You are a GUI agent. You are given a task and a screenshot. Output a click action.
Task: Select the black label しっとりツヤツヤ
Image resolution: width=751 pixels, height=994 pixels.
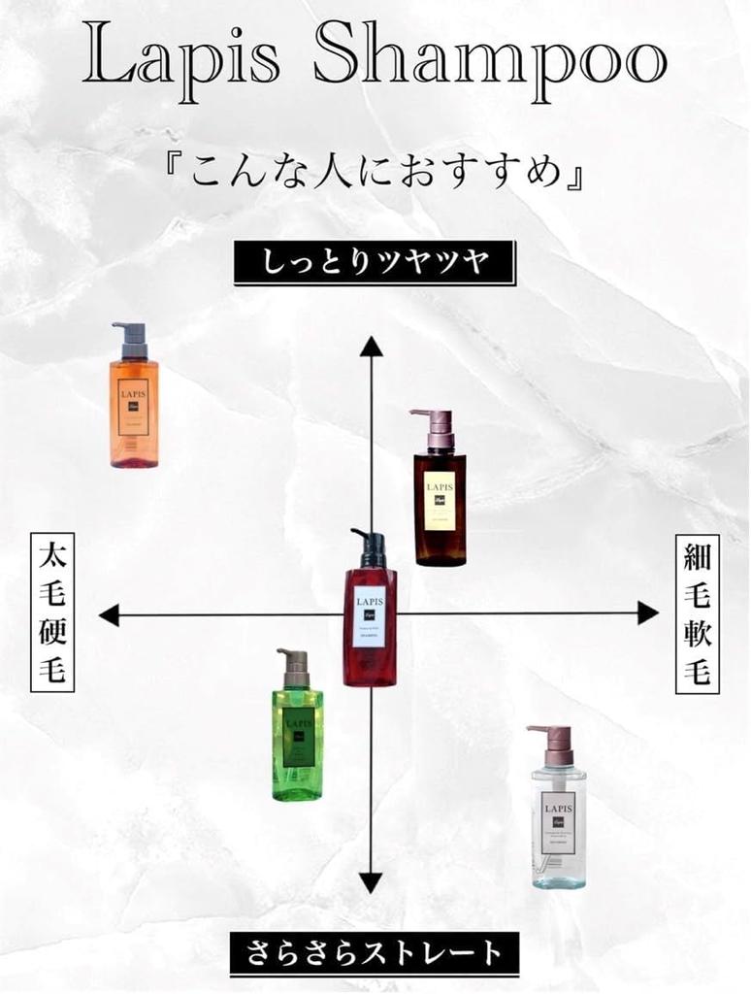tap(375, 263)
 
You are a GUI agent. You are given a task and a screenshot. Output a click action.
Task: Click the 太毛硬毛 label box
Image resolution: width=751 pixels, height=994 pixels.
tap(52, 612)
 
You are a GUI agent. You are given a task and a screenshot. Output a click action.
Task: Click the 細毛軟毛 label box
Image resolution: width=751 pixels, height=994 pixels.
tap(698, 613)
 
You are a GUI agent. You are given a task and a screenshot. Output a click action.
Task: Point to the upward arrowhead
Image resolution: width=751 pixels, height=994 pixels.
tap(371, 347)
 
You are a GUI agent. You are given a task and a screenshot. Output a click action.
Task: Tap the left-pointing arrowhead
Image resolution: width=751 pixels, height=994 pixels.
tap(110, 614)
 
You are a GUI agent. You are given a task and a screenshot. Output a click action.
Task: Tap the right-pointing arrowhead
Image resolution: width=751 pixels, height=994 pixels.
tap(647, 613)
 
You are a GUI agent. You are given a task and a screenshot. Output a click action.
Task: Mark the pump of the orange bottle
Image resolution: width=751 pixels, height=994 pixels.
tap(131, 339)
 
